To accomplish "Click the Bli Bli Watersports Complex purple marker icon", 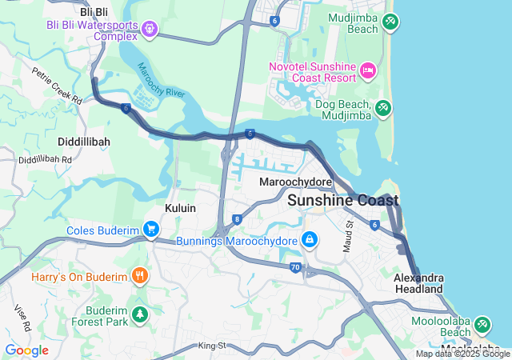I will pyautogui.click(x=149, y=30).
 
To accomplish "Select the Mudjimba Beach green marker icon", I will pyautogui.click(x=390, y=22).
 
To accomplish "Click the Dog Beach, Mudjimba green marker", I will pyautogui.click(x=383, y=107).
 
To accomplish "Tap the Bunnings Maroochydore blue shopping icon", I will pyautogui.click(x=309, y=239).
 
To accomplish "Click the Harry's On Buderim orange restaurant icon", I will pyautogui.click(x=140, y=277).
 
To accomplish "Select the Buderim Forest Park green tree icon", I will pyautogui.click(x=141, y=314).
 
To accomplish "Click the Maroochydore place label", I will pyautogui.click(x=296, y=182).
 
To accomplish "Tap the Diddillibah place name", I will pyautogui.click(x=84, y=141).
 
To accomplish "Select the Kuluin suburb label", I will pyautogui.click(x=180, y=208).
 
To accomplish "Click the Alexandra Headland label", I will pyautogui.click(x=418, y=282).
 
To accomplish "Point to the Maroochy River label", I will pyautogui.click(x=161, y=82).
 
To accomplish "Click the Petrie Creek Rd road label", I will pyautogui.click(x=57, y=86).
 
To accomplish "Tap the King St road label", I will pyautogui.click(x=213, y=346).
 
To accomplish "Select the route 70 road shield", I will pyautogui.click(x=296, y=267).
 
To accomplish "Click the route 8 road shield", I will pyautogui.click(x=237, y=218).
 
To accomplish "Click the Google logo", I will pyautogui.click(x=26, y=350).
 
